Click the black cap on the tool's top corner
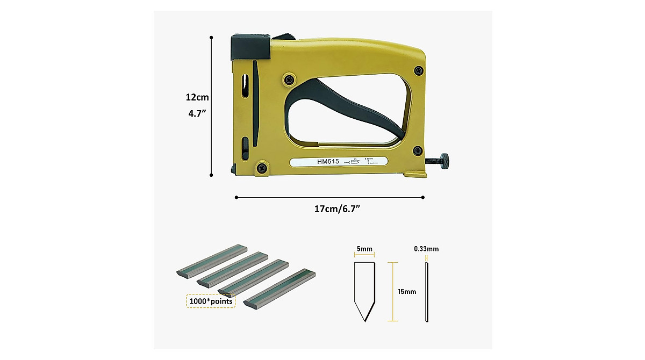[250, 47]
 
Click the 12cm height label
[197, 98]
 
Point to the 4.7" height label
[197, 114]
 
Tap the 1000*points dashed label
[211, 301]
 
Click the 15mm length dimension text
[407, 292]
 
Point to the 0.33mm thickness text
[426, 249]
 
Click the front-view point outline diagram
[364, 290]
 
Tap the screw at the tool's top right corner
[418, 71]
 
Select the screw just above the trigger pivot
[289, 79]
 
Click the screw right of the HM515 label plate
[417, 151]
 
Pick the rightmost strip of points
[279, 288]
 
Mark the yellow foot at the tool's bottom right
[415, 174]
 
